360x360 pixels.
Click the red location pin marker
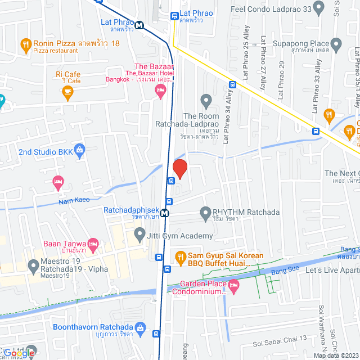point(179,168)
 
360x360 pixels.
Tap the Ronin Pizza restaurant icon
point(25,44)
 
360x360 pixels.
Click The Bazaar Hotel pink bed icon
point(161,91)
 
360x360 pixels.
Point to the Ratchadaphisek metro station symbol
point(164,213)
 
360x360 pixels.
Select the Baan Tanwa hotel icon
point(93,244)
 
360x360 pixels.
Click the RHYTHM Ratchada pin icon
point(205,213)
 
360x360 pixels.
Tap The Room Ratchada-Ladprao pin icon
point(206,102)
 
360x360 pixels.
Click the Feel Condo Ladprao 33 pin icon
point(318,8)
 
